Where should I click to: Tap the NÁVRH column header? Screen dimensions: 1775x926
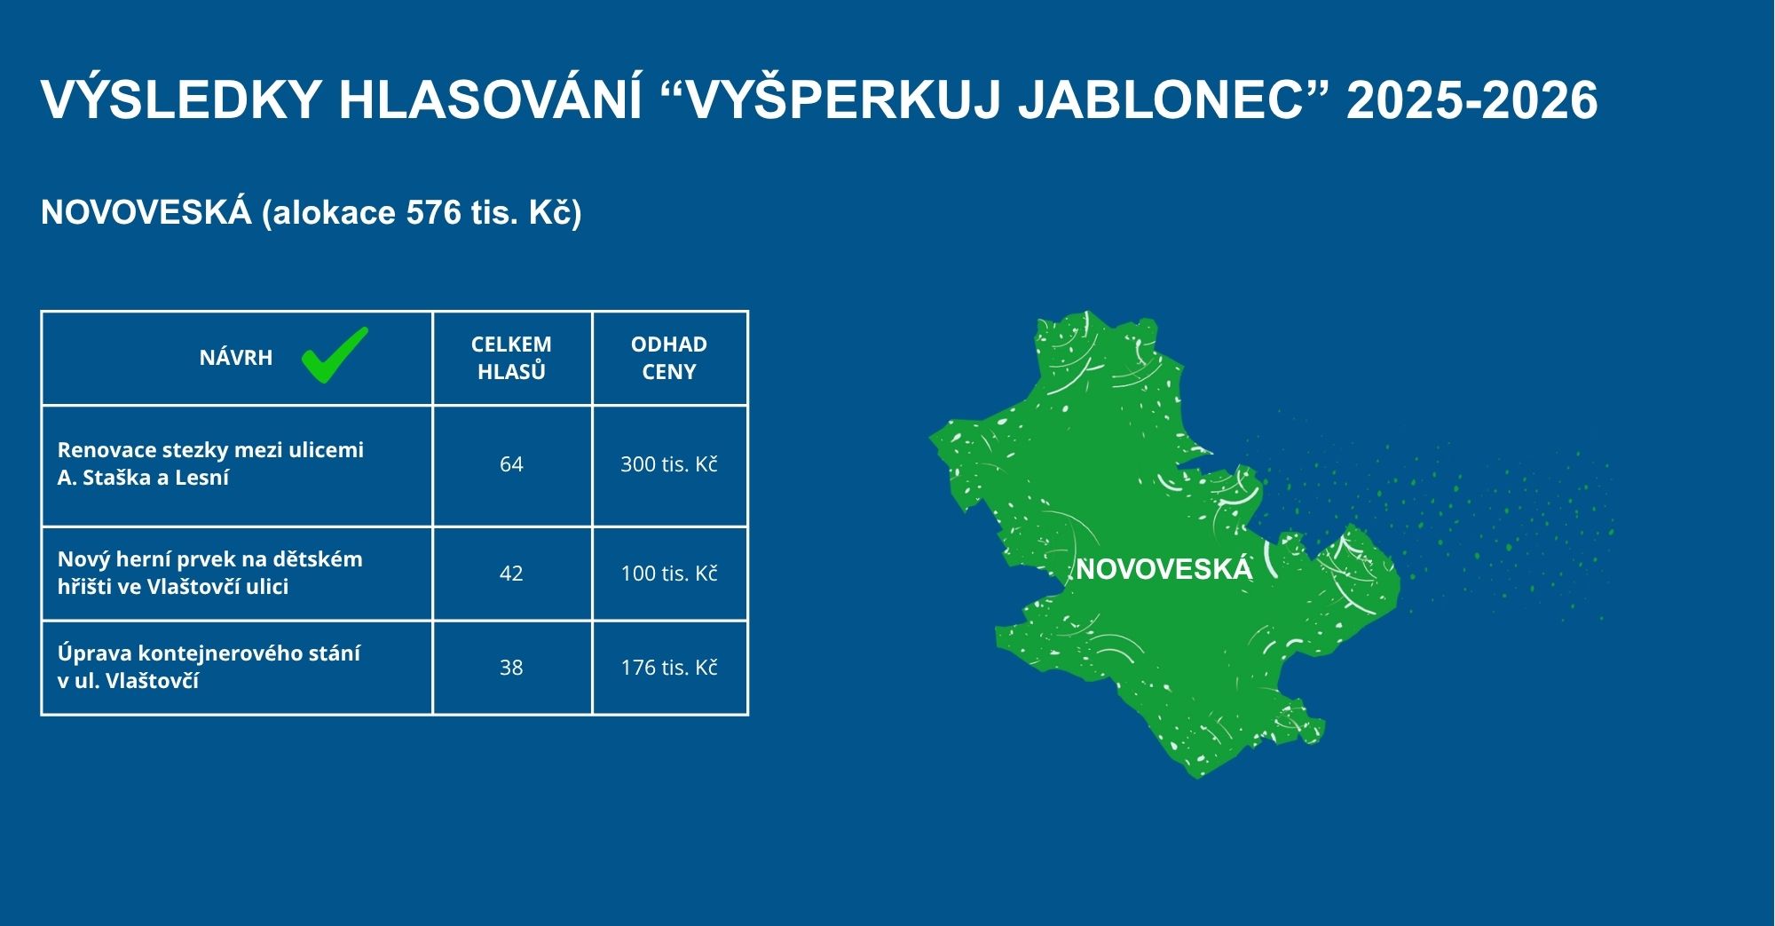click(236, 358)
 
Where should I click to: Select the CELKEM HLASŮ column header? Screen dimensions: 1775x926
click(511, 358)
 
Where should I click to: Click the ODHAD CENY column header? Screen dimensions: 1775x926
click(669, 358)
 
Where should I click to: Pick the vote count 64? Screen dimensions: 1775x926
click(511, 464)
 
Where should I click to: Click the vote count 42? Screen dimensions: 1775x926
click(511, 574)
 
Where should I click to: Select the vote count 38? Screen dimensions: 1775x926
click(511, 668)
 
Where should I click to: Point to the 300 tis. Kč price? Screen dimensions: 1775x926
click(669, 464)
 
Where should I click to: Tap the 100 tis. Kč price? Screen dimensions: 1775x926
click(669, 574)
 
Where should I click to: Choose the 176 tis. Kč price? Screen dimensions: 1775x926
click(669, 668)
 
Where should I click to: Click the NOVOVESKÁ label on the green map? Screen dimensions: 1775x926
click(1164, 569)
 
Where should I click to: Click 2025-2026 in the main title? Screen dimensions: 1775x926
click(1471, 100)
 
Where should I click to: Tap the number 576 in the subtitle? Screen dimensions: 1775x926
click(434, 213)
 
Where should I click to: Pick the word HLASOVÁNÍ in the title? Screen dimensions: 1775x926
click(490, 99)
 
